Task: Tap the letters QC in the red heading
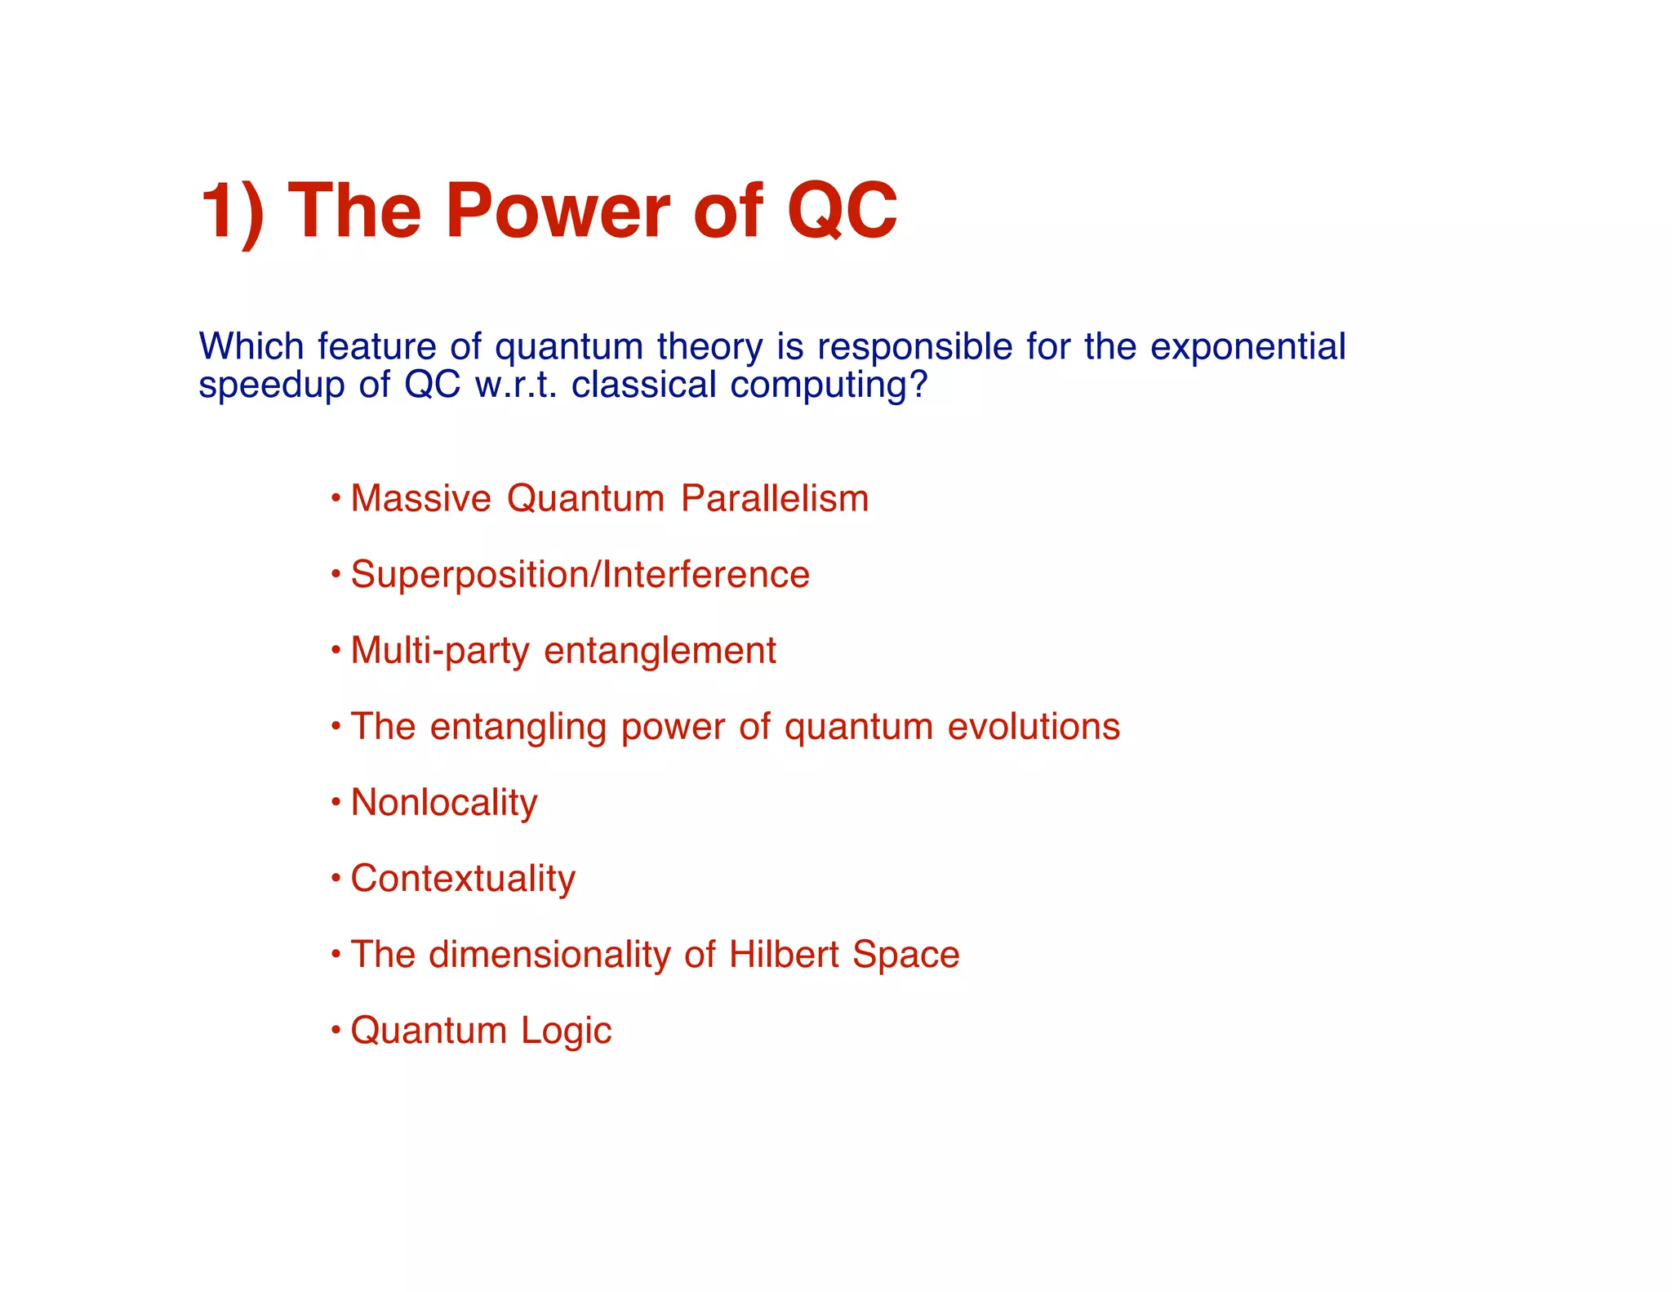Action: pyautogui.click(x=842, y=211)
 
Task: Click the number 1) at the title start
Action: pyautogui.click(x=232, y=211)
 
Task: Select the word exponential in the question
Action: pyautogui.click(x=1247, y=347)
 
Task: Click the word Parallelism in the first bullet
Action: pyautogui.click(x=775, y=498)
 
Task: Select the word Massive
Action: pyautogui.click(x=420, y=498)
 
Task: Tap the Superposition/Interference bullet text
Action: pyautogui.click(x=580, y=574)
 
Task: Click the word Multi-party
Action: pyautogui.click(x=440, y=651)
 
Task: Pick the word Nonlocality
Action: pyautogui.click(x=444, y=803)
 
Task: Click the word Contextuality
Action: pyautogui.click(x=463, y=879)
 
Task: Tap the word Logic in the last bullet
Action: pyautogui.click(x=566, y=1031)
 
